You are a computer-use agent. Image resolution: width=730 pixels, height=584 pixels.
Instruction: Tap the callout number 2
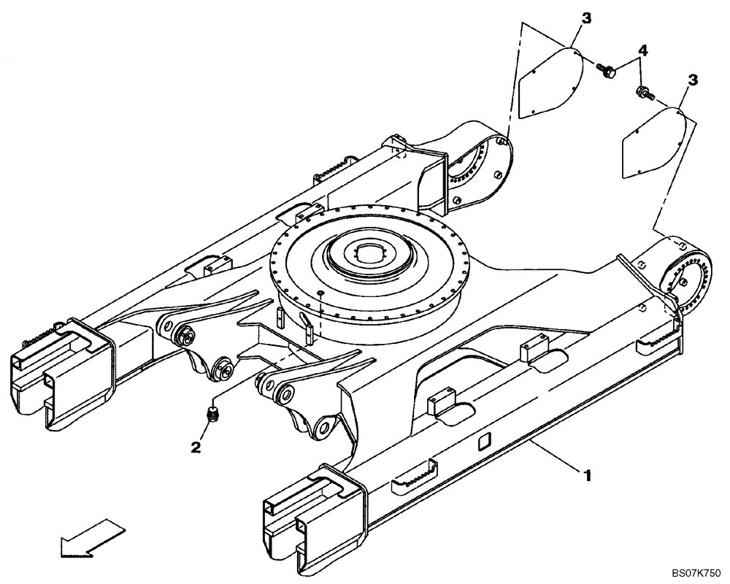pyautogui.click(x=196, y=447)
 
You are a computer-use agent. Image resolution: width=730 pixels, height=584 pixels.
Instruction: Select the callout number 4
pyautogui.click(x=642, y=50)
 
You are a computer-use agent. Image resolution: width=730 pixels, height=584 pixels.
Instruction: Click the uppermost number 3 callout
pyautogui.click(x=586, y=17)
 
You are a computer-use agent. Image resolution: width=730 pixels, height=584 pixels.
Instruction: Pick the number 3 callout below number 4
pyautogui.click(x=693, y=78)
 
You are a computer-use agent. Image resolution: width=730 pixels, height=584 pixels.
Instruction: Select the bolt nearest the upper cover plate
pyautogui.click(x=607, y=71)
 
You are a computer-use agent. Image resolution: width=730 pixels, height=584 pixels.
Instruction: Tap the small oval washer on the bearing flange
pyautogui.click(x=320, y=293)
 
